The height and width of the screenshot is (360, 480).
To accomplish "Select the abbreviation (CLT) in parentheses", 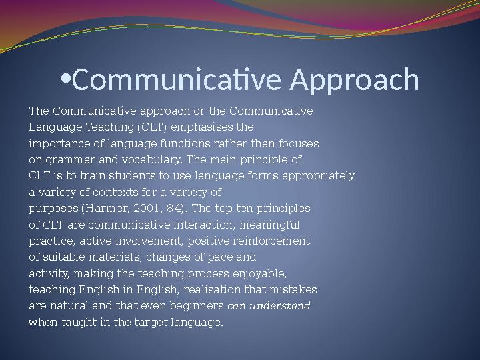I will pyautogui.click(x=153, y=127).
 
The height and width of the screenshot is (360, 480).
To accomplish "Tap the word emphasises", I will pyautogui.click(x=197, y=127).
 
